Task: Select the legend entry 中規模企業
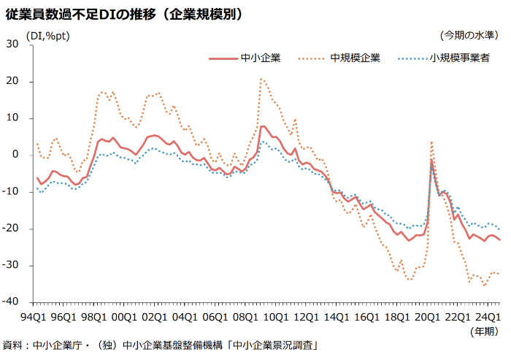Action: [356, 58]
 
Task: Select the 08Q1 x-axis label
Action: [243, 316]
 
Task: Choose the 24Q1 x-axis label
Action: [486, 316]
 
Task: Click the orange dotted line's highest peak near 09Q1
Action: [261, 79]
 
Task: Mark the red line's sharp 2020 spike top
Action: [431, 159]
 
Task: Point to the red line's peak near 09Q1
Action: [262, 126]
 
